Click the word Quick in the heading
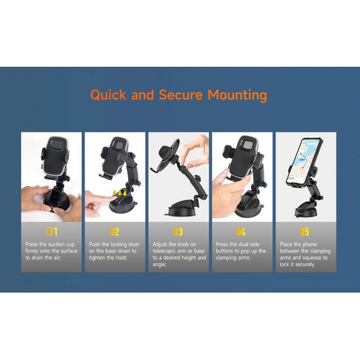click(108, 95)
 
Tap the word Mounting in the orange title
click(238, 95)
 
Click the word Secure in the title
click(181, 95)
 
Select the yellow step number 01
click(52, 232)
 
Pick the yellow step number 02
click(115, 232)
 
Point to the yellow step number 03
click(178, 232)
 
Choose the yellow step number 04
click(241, 232)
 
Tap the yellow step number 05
click(304, 232)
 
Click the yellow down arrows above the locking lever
click(120, 193)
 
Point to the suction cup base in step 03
click(183, 208)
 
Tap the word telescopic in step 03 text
click(164, 251)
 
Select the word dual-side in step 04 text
click(249, 244)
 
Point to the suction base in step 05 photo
click(306, 212)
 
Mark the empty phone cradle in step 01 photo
click(55, 156)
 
